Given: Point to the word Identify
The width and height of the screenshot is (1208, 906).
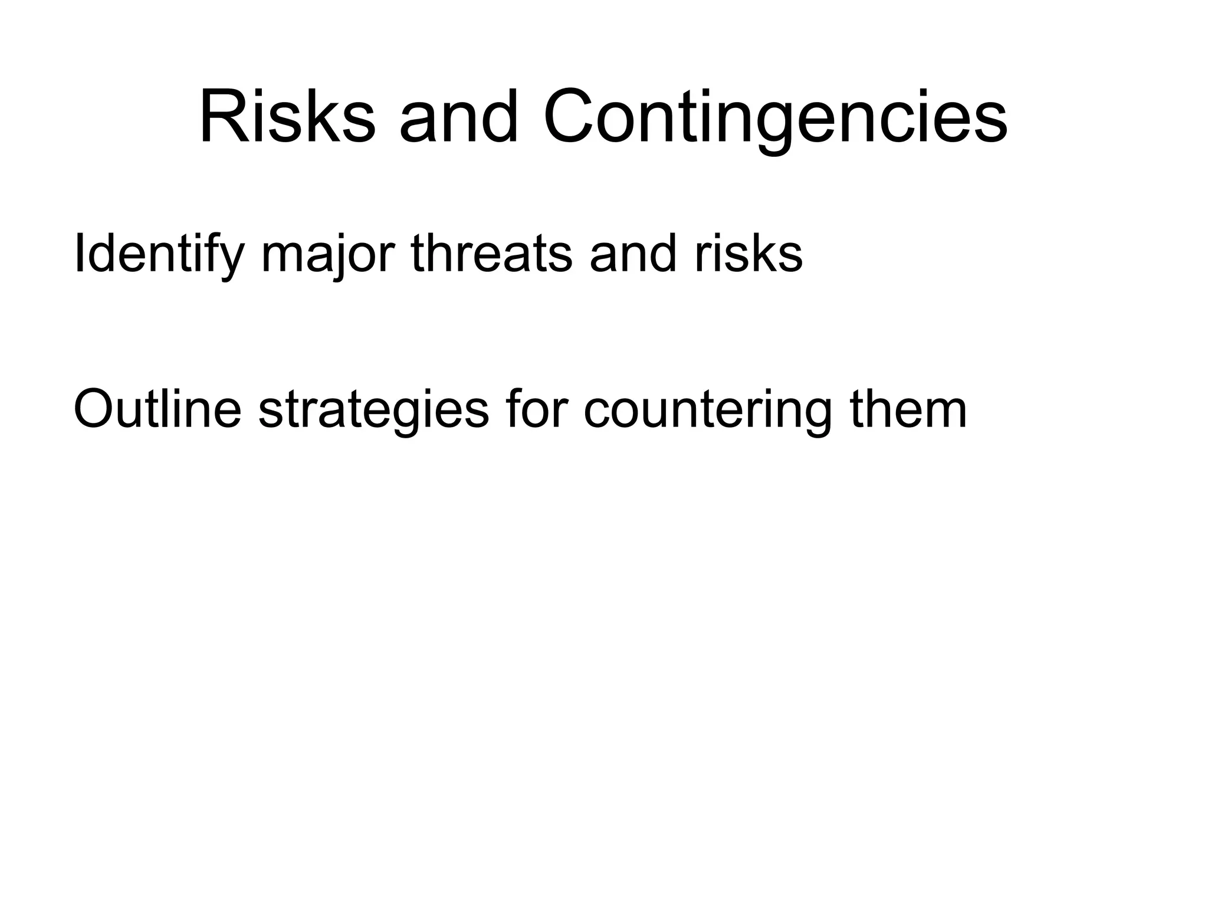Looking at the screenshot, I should (x=158, y=254).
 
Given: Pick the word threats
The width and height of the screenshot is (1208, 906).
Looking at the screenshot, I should (x=491, y=254).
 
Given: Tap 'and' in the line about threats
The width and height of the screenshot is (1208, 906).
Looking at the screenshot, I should (x=632, y=254).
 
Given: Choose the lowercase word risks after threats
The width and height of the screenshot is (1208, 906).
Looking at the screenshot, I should (x=748, y=254).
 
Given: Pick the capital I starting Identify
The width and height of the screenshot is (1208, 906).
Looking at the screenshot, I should (x=78, y=254).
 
